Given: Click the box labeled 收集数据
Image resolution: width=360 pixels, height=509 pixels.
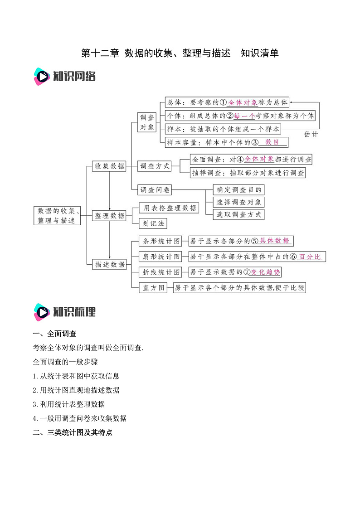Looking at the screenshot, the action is point(109,166).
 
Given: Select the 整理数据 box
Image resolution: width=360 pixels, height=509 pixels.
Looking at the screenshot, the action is point(109,216).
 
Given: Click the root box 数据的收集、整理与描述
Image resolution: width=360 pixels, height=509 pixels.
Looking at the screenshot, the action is point(57,216).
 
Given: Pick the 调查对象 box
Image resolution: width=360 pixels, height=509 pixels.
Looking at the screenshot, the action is point(147,122).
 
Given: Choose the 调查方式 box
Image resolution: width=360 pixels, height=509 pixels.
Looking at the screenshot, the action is point(154,166).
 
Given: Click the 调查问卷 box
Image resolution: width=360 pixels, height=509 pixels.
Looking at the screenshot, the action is point(154,190).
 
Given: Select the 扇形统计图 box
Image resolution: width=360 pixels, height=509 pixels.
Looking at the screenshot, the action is point(161,257).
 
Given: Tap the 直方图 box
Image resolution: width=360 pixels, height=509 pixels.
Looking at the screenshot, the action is point(152,287).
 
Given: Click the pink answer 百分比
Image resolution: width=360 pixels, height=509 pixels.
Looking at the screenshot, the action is point(310,257).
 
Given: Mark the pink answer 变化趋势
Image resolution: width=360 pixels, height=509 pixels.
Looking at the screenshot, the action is point(266,272).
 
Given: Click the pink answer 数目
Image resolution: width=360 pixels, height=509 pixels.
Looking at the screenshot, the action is point(272,142).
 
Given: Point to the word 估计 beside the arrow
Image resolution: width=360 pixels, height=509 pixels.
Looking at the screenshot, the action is point(311,134).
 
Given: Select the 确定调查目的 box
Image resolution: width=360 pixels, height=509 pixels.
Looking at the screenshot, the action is point(238,190).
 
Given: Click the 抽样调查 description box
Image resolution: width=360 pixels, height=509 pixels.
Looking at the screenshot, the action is point(248,173).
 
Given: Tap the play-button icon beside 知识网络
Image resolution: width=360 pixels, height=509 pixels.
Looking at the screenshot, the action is point(42,77).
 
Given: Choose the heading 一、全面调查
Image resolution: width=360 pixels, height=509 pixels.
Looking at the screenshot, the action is point(54,334).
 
